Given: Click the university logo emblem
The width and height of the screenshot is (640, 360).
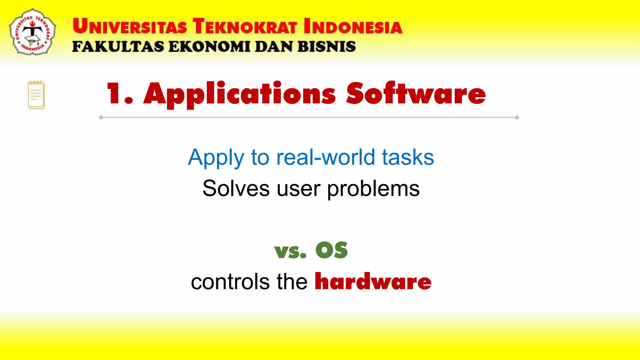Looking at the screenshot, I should [x=32, y=32].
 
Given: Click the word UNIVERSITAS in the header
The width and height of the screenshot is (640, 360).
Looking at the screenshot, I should [x=130, y=26].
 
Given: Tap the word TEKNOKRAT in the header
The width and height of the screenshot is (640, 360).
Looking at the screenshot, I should [x=245, y=26].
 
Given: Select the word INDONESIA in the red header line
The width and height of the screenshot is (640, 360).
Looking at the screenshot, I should [x=353, y=26].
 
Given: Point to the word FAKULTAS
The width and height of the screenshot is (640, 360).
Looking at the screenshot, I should [x=118, y=47].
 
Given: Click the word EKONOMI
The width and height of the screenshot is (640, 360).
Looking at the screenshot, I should [x=209, y=47].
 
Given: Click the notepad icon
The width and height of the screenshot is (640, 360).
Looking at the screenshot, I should [x=36, y=95].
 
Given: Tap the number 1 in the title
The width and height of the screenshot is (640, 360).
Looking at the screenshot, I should [x=113, y=93].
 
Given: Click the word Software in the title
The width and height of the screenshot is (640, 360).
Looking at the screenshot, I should [x=416, y=93].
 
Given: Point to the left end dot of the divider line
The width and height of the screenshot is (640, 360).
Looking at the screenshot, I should [x=101, y=117].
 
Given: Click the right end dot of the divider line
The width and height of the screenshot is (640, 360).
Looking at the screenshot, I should [x=517, y=117].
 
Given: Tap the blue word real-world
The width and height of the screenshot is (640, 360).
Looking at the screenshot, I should [x=325, y=157].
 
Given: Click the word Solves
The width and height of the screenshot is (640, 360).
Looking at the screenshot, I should [x=236, y=188].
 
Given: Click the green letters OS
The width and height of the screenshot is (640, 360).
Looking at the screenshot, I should [x=332, y=250].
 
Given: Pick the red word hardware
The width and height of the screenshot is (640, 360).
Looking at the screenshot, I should [x=373, y=281].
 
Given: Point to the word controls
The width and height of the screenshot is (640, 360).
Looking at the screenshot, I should [x=230, y=282].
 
